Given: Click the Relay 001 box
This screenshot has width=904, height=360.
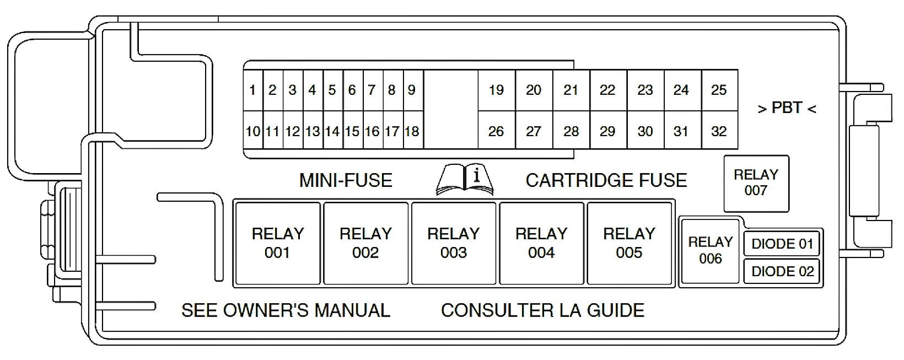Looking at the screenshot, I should [277, 243].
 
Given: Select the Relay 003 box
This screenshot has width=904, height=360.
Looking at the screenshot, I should [453, 243].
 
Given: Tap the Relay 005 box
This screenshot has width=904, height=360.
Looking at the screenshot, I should [629, 243].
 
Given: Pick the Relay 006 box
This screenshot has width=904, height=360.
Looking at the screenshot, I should [710, 250].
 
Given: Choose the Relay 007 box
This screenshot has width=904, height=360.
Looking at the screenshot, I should [756, 183].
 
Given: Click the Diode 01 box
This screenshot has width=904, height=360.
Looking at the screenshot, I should [782, 244].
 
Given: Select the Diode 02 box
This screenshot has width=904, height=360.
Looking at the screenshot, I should [782, 271].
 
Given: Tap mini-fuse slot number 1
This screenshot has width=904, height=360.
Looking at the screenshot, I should [252, 90].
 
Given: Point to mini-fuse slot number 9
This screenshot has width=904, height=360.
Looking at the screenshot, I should [412, 90].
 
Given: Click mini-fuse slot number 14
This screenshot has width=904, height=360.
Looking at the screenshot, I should [332, 131].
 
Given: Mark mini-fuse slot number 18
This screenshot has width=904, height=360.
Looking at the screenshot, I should [412, 131].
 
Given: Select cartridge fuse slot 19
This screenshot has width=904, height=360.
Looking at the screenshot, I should [496, 90].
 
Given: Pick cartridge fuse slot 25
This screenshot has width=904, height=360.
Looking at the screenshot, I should [719, 90].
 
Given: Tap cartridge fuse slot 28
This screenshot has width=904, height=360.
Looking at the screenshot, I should [571, 131].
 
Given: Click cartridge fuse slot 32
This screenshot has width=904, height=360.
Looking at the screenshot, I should [719, 131].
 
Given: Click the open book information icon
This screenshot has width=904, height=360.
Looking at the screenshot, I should [465, 179].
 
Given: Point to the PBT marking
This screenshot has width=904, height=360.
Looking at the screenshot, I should [787, 108].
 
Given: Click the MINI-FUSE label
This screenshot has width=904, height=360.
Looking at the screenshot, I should [346, 180].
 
